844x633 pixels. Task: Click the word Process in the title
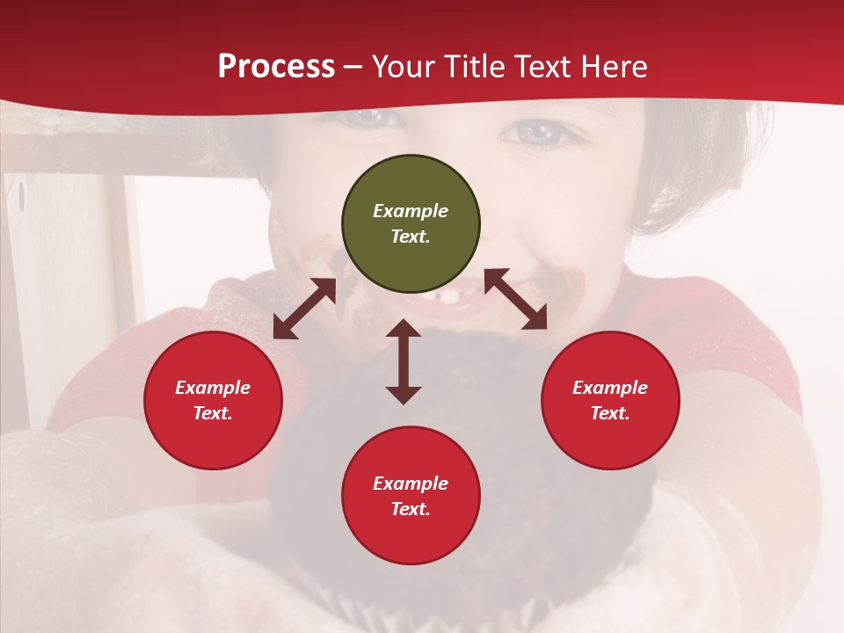coord(276,67)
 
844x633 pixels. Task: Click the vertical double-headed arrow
coord(404,361)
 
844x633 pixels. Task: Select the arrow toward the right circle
coord(515,299)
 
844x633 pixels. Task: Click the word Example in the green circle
coord(411,211)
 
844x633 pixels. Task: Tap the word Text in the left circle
coord(213,413)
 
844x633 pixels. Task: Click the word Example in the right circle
coord(610,388)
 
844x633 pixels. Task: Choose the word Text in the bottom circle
coord(411,509)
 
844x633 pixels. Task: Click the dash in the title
coord(353,67)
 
